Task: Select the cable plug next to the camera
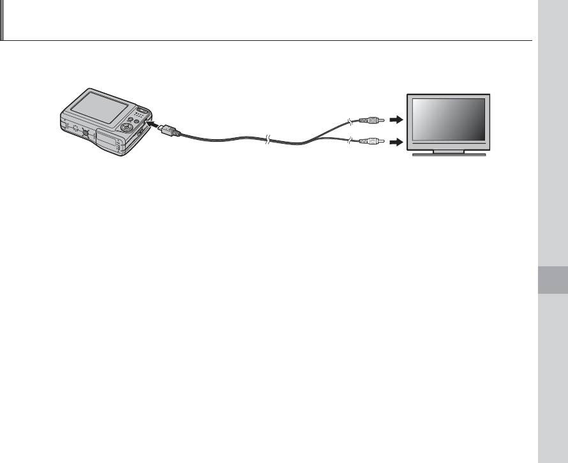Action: (x=167, y=130)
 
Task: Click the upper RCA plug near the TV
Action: (x=370, y=119)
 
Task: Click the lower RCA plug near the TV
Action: (x=370, y=141)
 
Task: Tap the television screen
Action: (x=449, y=119)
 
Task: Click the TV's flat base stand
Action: (x=449, y=155)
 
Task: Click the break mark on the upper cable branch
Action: (x=349, y=121)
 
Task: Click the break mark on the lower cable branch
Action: (x=349, y=140)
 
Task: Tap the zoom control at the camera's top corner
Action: (x=142, y=110)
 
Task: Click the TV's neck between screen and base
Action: (x=449, y=150)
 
